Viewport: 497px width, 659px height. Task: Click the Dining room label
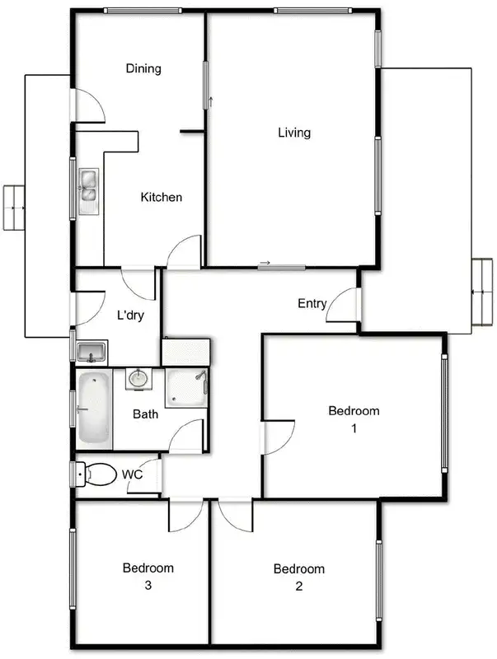tap(143, 68)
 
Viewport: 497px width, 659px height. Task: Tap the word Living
tap(293, 132)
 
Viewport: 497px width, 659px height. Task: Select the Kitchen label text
tap(161, 197)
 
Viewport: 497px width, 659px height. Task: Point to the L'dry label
tap(131, 315)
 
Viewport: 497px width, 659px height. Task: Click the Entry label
tap(312, 303)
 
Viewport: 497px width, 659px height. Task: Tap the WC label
tap(133, 474)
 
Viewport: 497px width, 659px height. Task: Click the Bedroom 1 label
tap(354, 418)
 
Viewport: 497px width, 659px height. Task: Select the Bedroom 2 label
tap(298, 577)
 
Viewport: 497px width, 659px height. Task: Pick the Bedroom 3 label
tap(148, 576)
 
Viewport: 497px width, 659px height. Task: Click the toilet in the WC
tap(96, 475)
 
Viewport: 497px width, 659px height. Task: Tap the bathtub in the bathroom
tap(94, 409)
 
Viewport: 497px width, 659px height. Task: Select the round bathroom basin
tap(138, 379)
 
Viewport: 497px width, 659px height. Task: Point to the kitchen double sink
tap(88, 188)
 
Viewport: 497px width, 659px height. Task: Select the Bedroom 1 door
tap(279, 437)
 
